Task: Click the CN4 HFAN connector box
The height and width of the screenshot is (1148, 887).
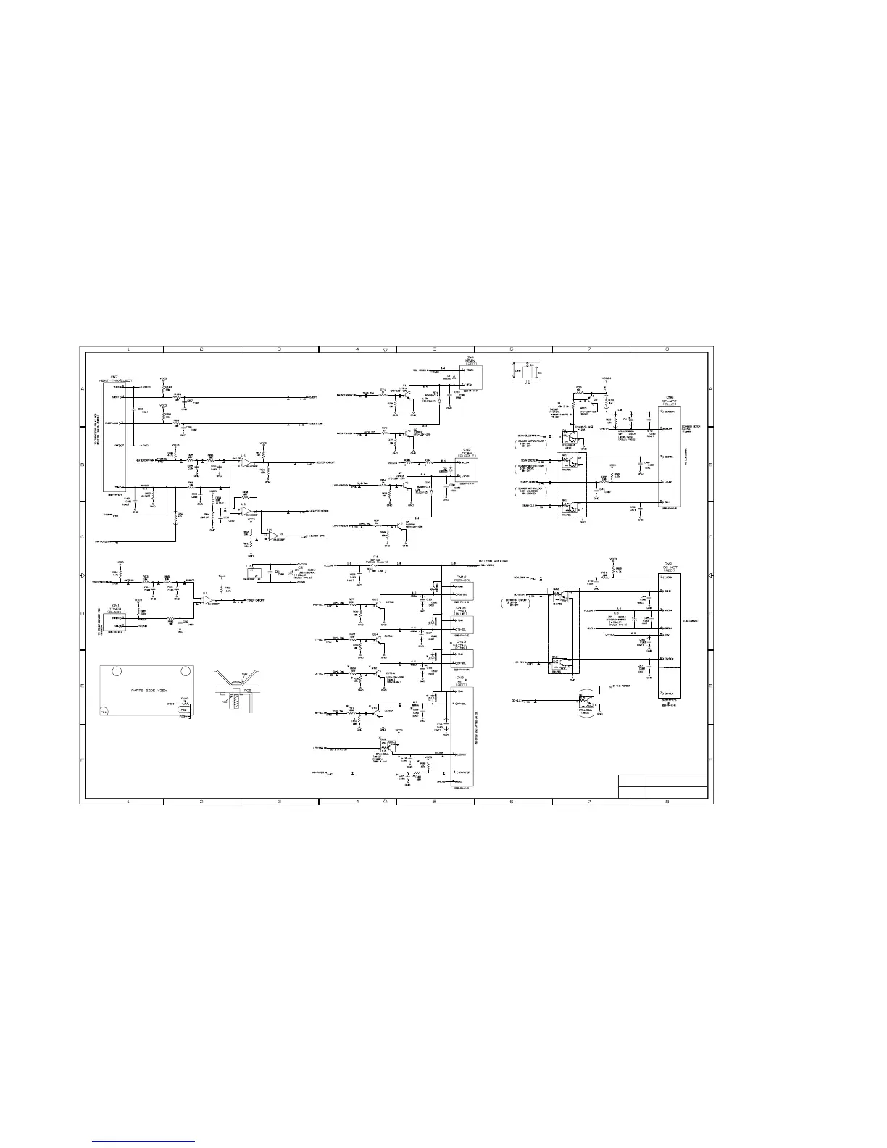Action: [469, 377]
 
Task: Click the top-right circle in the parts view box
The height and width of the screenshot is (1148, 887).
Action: [186, 671]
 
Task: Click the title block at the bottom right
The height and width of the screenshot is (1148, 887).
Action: [662, 786]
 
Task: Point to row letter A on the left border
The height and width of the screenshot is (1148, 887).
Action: [83, 389]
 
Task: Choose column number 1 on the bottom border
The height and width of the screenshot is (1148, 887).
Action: [128, 802]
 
